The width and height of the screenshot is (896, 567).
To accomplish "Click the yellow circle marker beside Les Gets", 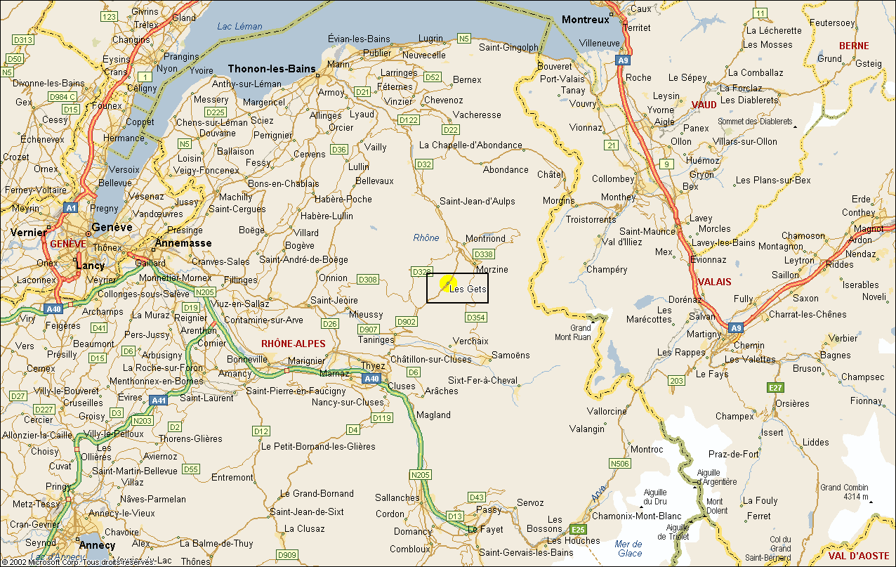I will coord(448,283).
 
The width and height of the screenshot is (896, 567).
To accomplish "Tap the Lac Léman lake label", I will coord(239,27).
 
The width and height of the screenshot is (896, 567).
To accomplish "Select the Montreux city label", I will coord(585,20).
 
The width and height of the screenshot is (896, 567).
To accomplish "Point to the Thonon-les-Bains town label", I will coord(271,69).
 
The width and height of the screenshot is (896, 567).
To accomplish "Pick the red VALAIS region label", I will coord(714,282).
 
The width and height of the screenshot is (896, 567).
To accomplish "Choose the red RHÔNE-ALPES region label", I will coord(294,344).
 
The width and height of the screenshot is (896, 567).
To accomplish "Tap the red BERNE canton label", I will coord(854,46).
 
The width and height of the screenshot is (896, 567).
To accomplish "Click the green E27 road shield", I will coord(775,387).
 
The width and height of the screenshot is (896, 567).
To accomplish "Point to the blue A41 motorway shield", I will coord(159,400).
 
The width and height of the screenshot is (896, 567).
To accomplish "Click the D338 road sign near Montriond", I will coord(483,254).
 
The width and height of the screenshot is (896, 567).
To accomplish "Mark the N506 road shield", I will coord(619,464).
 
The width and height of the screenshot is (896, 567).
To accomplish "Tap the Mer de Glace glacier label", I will coord(628,549).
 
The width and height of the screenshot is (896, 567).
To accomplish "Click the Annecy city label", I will coord(97,545).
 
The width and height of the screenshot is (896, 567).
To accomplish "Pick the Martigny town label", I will coord(704,334).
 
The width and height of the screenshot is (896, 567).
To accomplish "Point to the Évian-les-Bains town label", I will coord(359,39).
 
